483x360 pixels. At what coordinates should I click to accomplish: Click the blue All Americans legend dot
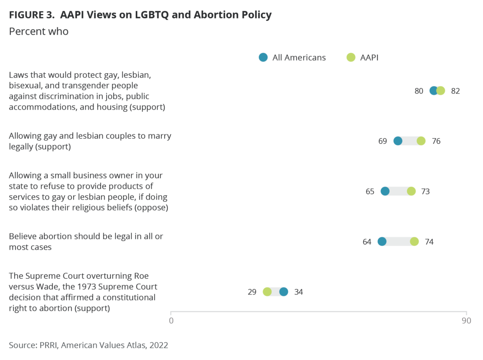[x=263, y=58]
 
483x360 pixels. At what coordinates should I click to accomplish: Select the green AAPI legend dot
[x=350, y=58]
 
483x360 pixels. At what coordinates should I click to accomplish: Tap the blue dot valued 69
[x=398, y=141]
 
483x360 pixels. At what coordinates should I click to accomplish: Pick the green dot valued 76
[x=421, y=141]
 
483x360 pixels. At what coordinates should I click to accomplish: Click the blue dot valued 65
[x=385, y=191]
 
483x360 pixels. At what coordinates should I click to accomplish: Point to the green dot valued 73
[x=411, y=191]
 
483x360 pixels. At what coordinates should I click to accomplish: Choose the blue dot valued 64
[x=382, y=242]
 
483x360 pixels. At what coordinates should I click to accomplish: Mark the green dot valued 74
[x=414, y=242]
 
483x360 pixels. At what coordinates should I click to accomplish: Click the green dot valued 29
[x=267, y=292]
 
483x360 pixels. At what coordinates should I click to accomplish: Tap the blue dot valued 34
[x=283, y=292]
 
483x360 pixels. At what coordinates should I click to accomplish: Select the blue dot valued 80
[x=434, y=91]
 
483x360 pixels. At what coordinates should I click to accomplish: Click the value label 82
[x=455, y=91]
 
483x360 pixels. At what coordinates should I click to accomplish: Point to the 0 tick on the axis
[x=171, y=321]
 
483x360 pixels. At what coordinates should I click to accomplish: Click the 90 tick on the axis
[x=466, y=321]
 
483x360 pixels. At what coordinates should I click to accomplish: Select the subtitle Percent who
[x=39, y=32]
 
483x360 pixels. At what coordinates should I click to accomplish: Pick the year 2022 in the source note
[x=158, y=345]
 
